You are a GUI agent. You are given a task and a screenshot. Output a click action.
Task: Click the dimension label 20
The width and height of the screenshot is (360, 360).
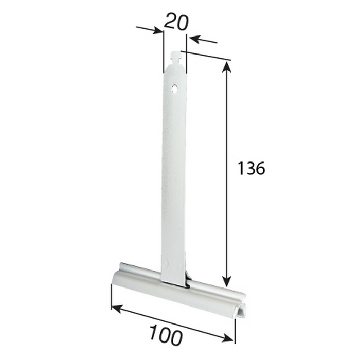[176, 22]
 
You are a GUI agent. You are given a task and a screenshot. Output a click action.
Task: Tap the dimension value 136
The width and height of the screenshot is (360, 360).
[251, 168]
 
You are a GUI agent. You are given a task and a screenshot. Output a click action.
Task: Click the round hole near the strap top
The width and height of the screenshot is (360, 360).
[175, 88]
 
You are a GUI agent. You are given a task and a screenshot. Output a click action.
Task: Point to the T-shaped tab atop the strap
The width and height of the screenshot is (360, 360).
[176, 57]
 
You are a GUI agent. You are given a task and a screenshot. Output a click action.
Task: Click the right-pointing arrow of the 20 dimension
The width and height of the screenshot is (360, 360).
[150, 30]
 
